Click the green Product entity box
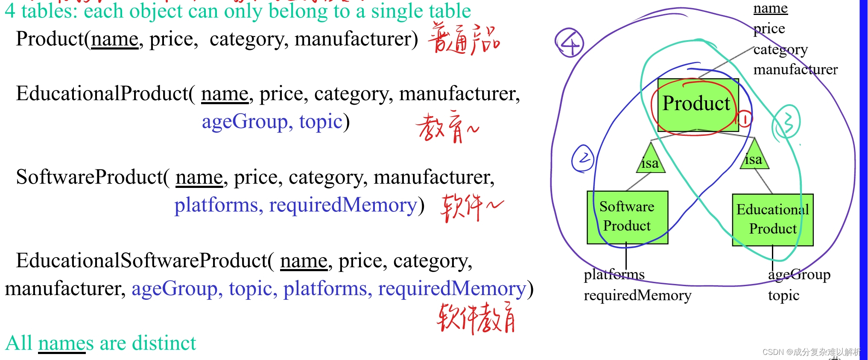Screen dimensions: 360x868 click(x=697, y=105)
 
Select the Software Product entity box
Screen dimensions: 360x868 click(x=627, y=217)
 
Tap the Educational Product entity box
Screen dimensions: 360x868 click(x=772, y=220)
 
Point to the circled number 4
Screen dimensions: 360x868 click(x=570, y=43)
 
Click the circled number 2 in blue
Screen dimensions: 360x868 click(x=583, y=158)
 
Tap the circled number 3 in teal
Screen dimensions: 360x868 click(x=786, y=122)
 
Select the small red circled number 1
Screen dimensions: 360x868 click(x=744, y=119)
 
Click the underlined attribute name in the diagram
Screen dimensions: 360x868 click(x=770, y=8)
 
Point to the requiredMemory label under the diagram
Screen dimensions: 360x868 click(x=637, y=295)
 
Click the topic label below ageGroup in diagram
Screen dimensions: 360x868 click(x=783, y=295)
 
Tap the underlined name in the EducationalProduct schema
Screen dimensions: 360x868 click(x=225, y=94)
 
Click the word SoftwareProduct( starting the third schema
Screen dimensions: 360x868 click(x=93, y=177)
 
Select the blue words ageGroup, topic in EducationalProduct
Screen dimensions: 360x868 click(x=272, y=122)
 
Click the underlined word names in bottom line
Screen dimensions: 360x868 click(x=65, y=343)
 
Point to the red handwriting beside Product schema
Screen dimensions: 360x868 click(x=464, y=39)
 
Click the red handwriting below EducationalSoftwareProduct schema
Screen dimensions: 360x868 click(x=476, y=318)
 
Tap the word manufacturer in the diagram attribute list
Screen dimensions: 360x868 click(x=795, y=69)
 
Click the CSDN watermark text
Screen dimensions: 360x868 click(x=811, y=352)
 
